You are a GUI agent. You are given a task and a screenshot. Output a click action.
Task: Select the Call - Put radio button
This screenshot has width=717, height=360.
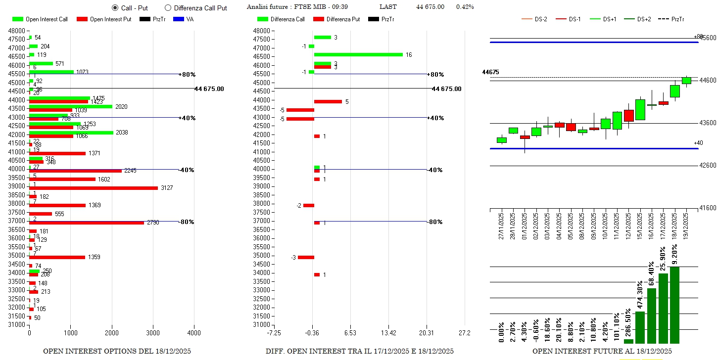(x=115, y=8)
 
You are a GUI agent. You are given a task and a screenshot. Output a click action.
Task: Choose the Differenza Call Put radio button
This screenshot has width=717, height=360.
(x=168, y=8)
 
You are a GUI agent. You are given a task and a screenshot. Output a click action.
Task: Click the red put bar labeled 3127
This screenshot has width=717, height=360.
(x=94, y=188)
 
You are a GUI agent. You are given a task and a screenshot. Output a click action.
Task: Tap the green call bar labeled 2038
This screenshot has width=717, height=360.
(x=71, y=133)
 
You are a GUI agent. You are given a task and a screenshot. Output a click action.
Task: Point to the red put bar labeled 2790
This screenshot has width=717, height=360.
(x=87, y=223)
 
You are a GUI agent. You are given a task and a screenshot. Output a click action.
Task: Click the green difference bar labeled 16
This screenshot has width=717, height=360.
(x=358, y=54)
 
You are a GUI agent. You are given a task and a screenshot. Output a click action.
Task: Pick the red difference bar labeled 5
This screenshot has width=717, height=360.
(x=328, y=101)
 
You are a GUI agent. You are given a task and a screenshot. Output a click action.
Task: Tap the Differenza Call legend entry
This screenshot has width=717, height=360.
(x=281, y=19)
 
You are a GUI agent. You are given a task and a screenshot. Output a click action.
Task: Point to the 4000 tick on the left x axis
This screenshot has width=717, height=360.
(x=194, y=333)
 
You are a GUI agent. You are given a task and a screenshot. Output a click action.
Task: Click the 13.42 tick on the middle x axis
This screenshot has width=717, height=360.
(x=389, y=333)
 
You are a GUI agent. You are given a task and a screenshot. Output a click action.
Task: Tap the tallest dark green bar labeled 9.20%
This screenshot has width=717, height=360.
(x=674, y=305)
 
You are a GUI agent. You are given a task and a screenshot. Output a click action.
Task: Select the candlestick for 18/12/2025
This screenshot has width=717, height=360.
(x=674, y=91)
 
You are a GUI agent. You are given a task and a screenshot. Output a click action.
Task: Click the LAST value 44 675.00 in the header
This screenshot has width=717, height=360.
(x=430, y=7)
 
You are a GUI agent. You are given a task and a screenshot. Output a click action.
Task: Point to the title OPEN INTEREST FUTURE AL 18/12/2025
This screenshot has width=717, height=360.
(x=602, y=351)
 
